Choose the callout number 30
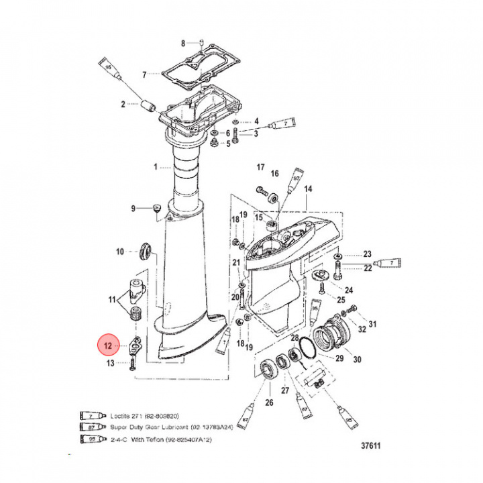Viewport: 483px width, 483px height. coord(357,360)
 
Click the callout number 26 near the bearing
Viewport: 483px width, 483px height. coord(269,402)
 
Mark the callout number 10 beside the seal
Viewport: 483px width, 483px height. coord(120,252)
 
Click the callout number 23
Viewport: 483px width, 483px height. coord(368,254)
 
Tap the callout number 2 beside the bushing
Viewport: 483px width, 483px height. coord(123,104)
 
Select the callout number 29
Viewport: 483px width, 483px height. coord(339,359)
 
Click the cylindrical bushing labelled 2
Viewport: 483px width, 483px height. coord(148,105)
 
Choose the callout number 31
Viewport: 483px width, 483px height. coord(373,325)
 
